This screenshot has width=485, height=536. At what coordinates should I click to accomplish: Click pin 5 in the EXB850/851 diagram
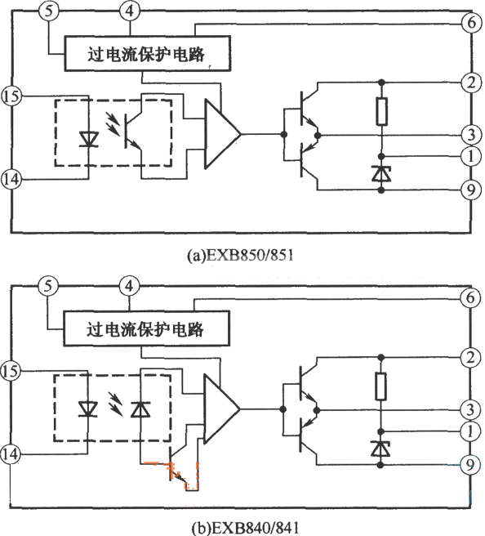(49, 11)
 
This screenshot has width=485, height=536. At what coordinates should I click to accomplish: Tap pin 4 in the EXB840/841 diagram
(129, 286)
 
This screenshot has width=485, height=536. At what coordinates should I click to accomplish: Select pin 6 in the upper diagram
(471, 23)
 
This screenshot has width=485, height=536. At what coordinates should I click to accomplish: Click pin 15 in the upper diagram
(11, 96)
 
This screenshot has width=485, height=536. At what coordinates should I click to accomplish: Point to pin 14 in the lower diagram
(11, 454)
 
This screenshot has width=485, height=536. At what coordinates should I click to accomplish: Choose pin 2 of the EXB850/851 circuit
(471, 83)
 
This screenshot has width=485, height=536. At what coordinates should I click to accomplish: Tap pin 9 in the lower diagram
(470, 464)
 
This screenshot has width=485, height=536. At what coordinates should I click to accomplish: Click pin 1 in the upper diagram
(471, 156)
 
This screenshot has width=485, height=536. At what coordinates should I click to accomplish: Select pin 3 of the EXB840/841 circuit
(470, 409)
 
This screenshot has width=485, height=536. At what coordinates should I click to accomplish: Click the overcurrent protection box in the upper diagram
(147, 53)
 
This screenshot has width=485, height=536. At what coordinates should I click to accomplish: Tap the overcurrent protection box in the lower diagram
(146, 328)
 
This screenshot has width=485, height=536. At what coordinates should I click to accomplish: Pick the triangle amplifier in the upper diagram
(222, 134)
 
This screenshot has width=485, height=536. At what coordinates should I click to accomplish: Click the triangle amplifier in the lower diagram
(221, 409)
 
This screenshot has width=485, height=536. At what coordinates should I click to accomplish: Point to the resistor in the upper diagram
(381, 111)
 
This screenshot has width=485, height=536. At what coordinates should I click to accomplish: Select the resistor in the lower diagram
(380, 386)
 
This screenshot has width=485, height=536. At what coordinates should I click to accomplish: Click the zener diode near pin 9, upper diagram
(381, 174)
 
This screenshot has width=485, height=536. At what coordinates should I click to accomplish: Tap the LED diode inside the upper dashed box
(89, 139)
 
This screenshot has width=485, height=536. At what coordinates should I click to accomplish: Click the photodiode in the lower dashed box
(140, 409)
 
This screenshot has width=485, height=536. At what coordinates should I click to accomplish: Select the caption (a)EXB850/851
(240, 255)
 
